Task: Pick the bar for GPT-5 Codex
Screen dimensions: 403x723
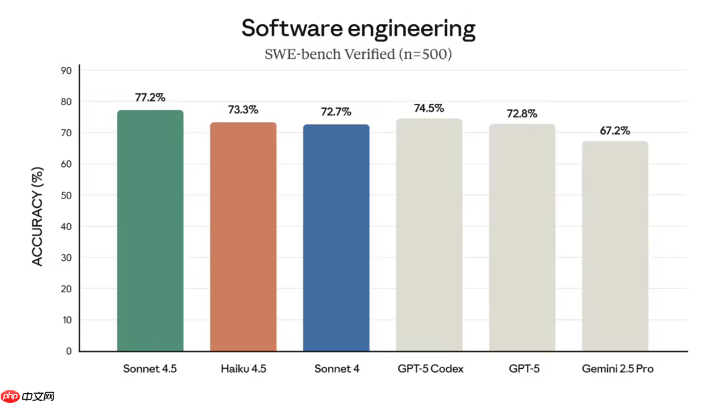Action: point(429,235)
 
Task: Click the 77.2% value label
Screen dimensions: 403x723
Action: point(150,97)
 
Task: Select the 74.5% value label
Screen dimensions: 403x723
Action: point(429,108)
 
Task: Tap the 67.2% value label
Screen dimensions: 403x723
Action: point(615,130)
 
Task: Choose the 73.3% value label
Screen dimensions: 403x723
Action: point(243,109)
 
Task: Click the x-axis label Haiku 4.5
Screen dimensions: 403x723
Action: point(243,369)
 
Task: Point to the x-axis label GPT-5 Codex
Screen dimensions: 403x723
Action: point(429,369)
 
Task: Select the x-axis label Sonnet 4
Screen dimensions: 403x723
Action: point(336,369)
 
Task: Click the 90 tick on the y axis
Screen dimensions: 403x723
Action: point(66,70)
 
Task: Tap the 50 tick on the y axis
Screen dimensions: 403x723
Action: point(66,195)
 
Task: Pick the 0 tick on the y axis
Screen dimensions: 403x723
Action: point(69,351)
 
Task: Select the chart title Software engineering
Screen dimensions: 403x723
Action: point(358,28)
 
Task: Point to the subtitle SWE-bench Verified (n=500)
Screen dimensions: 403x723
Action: point(358,54)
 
